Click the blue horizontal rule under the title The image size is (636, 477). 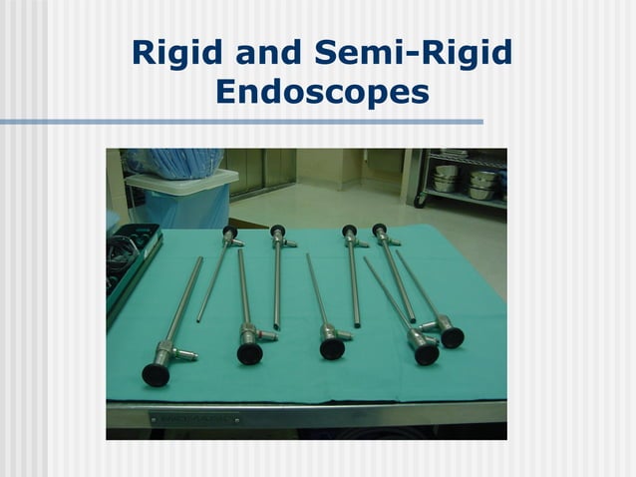pos(239,122)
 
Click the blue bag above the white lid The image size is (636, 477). pos(174,160)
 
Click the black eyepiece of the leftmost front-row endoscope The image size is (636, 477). pos(156,374)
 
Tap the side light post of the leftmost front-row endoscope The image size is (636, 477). pos(186,354)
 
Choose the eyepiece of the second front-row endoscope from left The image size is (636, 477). pos(249,354)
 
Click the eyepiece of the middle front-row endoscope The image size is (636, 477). pos(332,348)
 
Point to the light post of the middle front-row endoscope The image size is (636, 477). pos(354,334)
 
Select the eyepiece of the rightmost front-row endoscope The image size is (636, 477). pos(452,337)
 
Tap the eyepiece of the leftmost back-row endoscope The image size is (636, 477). pos(230,234)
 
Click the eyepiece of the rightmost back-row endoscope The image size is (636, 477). pos(380,231)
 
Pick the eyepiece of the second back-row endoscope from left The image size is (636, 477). pos(278,232)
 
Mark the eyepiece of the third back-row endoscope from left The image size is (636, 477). pos(349,232)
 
